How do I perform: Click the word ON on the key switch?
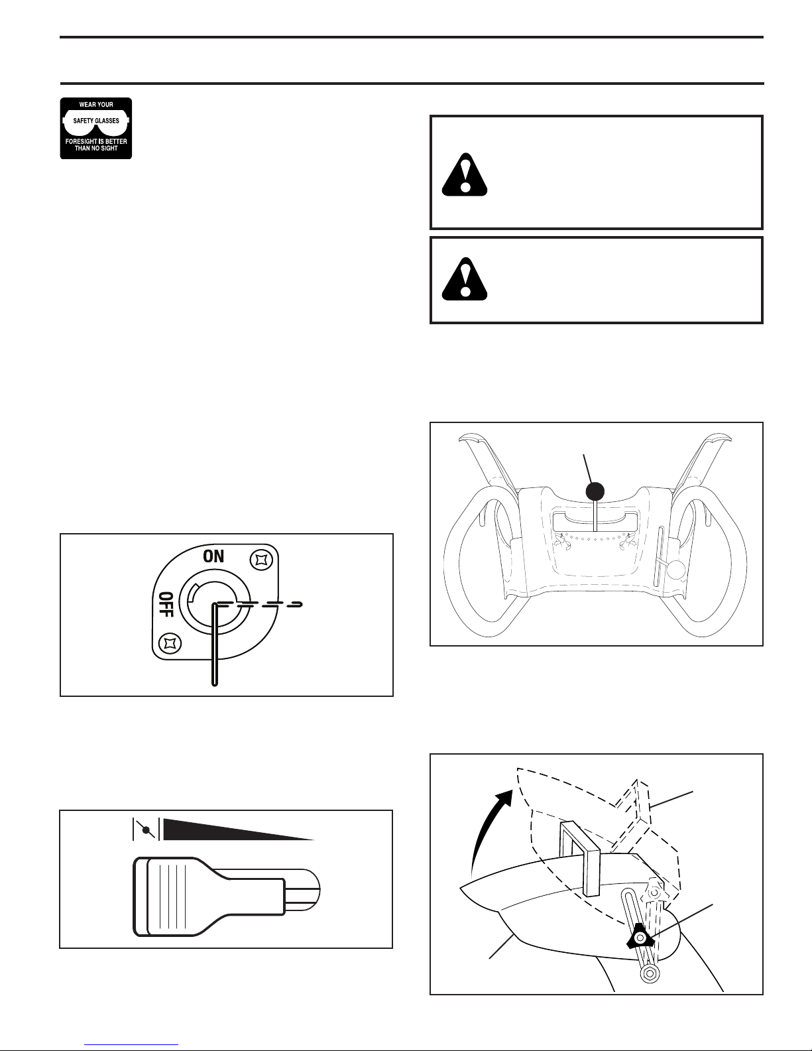pyautogui.click(x=213, y=556)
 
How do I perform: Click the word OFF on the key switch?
pyautogui.click(x=166, y=604)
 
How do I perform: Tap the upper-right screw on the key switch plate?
pyautogui.click(x=261, y=560)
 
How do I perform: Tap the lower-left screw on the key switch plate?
pyautogui.click(x=170, y=643)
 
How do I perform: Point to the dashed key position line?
pyautogui.click(x=260, y=604)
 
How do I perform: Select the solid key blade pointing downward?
pyautogui.click(x=215, y=645)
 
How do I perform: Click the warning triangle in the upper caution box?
pyautogui.click(x=465, y=174)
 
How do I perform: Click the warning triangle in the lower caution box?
pyautogui.click(x=465, y=279)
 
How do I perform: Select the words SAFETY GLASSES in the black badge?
pyautogui.click(x=96, y=121)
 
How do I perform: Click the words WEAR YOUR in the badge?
pyautogui.click(x=96, y=105)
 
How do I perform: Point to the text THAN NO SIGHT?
pyautogui.click(x=96, y=149)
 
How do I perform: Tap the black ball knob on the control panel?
pyautogui.click(x=595, y=491)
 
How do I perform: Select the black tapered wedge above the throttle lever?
pyautogui.click(x=239, y=829)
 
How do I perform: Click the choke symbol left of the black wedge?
pyautogui.click(x=146, y=829)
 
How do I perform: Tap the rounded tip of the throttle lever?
pyautogui.click(x=310, y=889)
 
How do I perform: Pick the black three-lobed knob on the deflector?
pyautogui.click(x=640, y=939)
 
